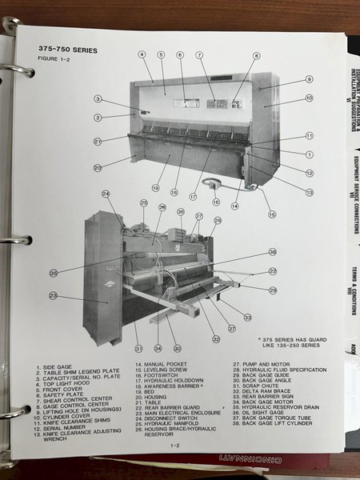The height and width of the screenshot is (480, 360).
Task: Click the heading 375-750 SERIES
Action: click(67, 50)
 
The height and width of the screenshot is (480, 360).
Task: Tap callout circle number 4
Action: click(142, 54)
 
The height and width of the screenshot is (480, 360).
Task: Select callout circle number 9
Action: click(308, 80)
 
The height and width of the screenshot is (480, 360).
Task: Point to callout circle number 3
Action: click(98, 99)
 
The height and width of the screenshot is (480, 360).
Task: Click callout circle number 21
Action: click(98, 141)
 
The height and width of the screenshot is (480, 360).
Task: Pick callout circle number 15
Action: click(271, 214)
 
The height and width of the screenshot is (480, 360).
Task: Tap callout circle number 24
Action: click(106, 194)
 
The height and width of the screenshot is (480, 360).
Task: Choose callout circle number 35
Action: click(54, 273)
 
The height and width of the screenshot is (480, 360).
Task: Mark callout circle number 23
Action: click(54, 296)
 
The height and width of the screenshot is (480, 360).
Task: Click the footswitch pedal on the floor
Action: click(212, 184)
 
